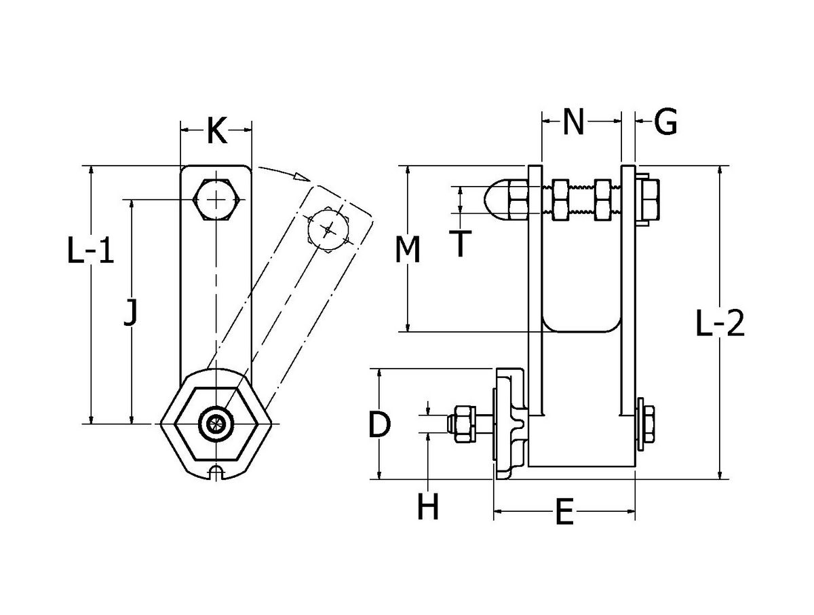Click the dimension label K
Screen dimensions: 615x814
click(216, 130)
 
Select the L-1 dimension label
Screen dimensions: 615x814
click(90, 253)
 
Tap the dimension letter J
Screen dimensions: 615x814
click(132, 314)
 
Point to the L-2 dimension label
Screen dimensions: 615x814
click(720, 325)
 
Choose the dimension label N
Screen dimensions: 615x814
click(573, 122)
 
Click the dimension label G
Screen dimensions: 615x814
click(665, 123)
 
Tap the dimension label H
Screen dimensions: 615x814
click(427, 506)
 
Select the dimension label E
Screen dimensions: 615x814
click(564, 513)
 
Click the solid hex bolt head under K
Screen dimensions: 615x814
click(216, 200)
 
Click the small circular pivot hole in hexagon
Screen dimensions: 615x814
click(215, 423)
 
